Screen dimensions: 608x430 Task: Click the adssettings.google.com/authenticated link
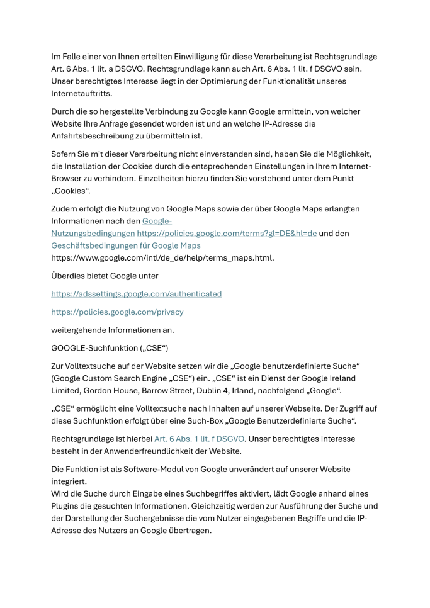click(136, 294)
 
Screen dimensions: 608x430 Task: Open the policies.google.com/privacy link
click(117, 312)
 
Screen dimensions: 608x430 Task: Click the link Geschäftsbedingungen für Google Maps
click(126, 245)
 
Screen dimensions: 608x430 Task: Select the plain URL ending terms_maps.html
click(163, 258)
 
